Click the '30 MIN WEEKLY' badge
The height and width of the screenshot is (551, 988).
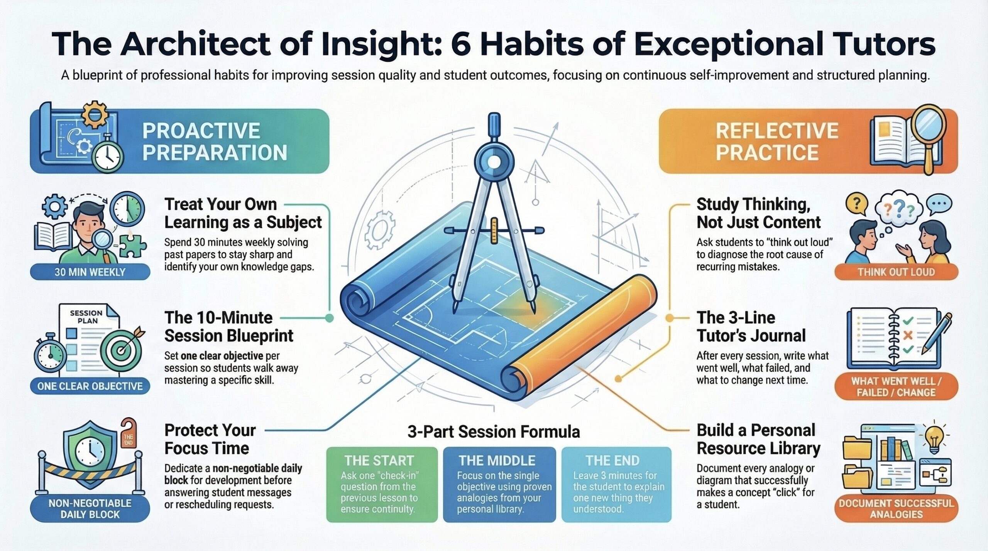pos(90,272)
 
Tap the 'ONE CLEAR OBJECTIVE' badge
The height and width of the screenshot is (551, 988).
pos(90,386)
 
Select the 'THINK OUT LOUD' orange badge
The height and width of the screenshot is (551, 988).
pos(896,272)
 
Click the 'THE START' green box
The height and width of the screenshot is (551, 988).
pos(382,485)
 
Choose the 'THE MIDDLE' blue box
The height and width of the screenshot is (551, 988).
pos(499,485)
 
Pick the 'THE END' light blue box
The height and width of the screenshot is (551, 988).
pos(616,485)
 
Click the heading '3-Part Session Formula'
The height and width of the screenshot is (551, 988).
pos(494,432)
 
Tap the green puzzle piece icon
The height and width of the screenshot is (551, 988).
pos(132,245)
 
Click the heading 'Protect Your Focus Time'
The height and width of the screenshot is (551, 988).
pos(210,439)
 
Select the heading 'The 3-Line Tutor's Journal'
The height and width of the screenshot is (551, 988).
pos(751,327)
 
